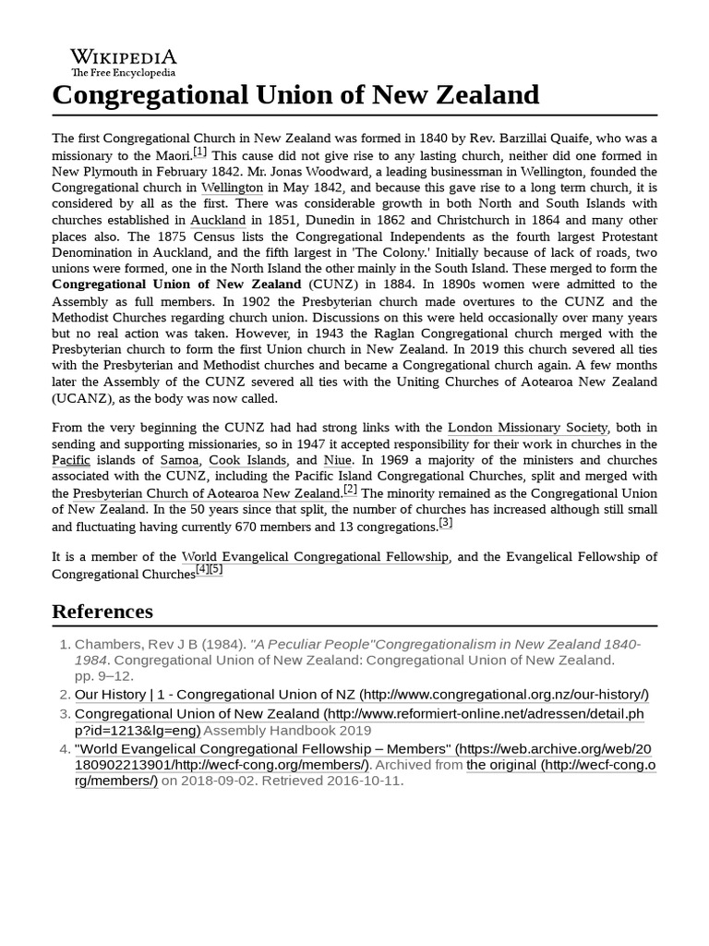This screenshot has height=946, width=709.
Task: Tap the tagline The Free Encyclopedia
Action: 123,73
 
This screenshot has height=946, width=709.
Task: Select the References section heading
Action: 102,611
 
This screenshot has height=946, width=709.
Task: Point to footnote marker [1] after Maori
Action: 200,152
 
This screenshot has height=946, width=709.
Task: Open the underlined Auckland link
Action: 218,221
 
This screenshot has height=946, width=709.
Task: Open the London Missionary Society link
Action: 528,428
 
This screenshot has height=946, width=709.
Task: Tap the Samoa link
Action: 179,460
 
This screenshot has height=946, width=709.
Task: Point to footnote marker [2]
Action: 350,490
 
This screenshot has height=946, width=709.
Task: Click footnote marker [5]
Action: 216,569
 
